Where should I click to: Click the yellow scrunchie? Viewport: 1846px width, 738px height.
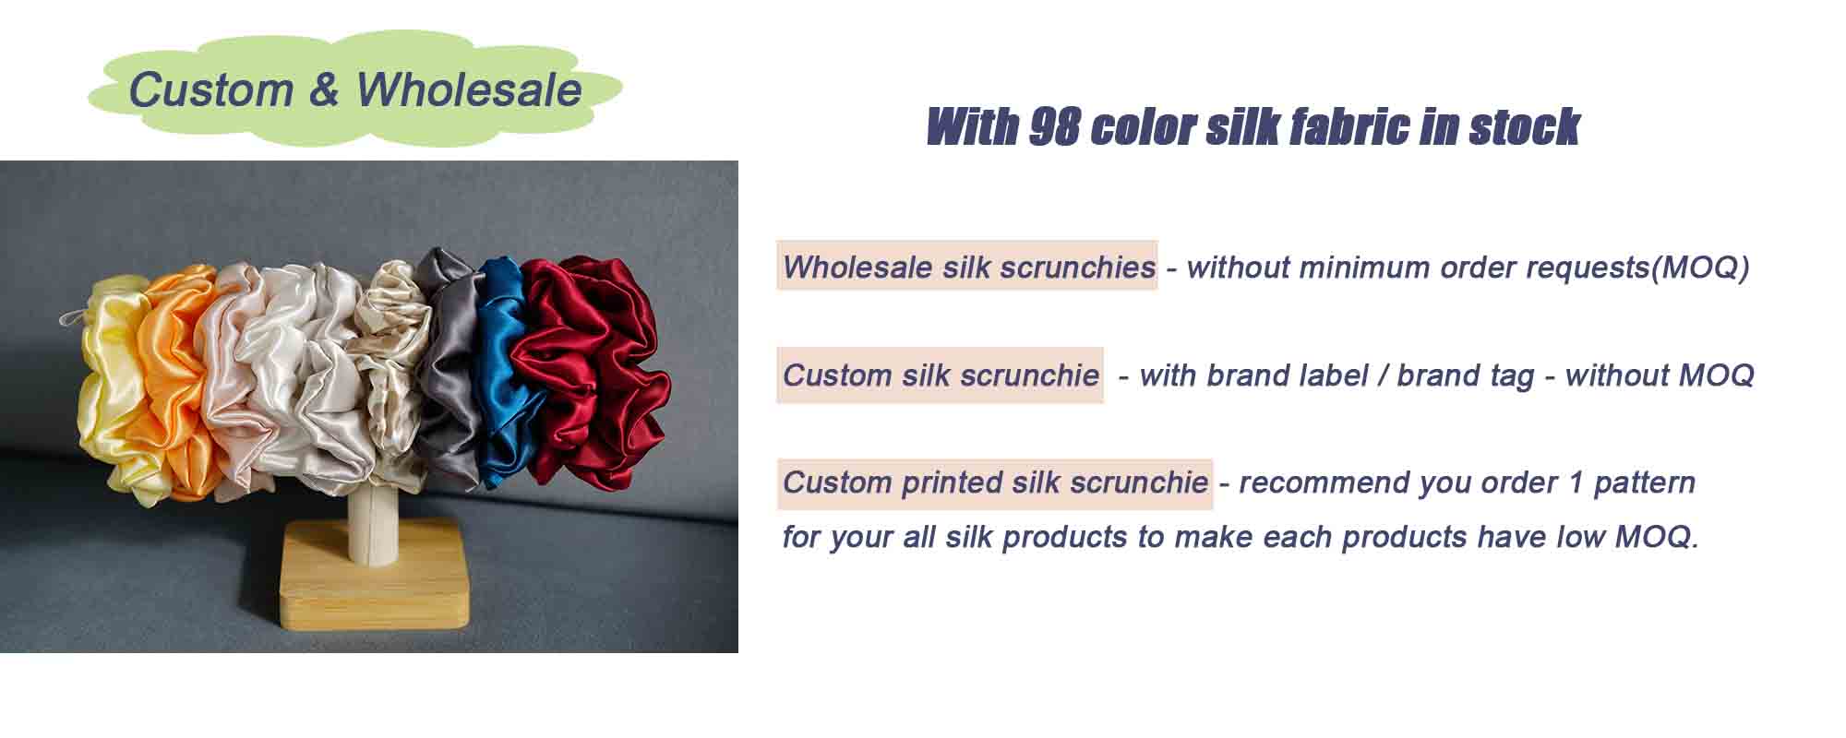[x=111, y=387]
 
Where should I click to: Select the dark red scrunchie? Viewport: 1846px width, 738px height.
[x=591, y=369]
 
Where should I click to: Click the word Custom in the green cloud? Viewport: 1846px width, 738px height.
[x=210, y=89]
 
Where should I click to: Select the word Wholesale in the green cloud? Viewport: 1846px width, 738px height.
[x=469, y=89]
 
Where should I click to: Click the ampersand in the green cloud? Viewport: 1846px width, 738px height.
[x=324, y=89]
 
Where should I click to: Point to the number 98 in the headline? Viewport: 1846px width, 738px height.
[x=1053, y=127]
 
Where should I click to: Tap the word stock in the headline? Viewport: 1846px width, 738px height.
[x=1524, y=127]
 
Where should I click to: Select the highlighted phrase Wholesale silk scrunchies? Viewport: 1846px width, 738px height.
[x=967, y=268]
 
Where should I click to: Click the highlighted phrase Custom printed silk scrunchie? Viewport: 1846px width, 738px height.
[x=995, y=482]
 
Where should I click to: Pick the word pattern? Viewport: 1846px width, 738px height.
[x=1644, y=482]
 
